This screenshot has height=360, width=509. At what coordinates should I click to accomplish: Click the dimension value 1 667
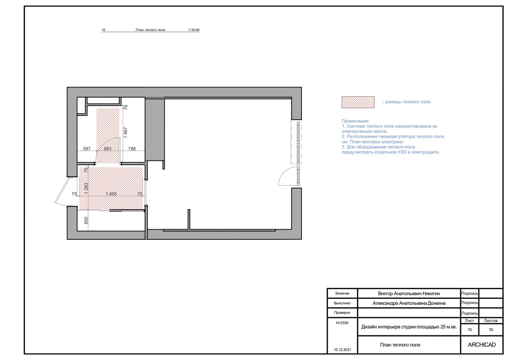(x=126, y=132)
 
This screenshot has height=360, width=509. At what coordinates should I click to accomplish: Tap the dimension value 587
(x=87, y=149)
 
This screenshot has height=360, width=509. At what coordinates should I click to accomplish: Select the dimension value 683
(x=107, y=149)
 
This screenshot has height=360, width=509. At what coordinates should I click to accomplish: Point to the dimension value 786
(x=132, y=149)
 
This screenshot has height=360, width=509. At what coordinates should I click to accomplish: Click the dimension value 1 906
(x=111, y=194)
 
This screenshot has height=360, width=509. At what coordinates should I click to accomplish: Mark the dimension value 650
(x=86, y=220)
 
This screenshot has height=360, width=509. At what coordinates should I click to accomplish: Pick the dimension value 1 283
(x=86, y=188)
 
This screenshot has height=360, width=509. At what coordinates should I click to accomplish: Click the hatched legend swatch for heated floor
(x=358, y=102)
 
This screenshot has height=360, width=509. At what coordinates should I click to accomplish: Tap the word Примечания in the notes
(x=355, y=121)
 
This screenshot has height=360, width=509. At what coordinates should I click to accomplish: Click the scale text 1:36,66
(x=194, y=30)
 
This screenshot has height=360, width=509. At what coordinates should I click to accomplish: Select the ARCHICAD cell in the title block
(x=482, y=345)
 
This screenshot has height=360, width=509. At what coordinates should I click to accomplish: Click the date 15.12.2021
(x=343, y=350)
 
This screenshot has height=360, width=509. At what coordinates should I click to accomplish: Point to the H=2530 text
(x=342, y=323)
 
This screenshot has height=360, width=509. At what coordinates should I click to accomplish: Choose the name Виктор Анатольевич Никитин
(x=409, y=293)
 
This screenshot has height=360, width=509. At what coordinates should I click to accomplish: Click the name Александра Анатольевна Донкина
(x=409, y=303)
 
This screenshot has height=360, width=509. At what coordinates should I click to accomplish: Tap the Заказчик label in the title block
(x=342, y=293)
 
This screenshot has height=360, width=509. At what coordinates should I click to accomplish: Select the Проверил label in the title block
(x=342, y=313)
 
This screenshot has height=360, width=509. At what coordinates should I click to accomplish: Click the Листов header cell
(x=491, y=321)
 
